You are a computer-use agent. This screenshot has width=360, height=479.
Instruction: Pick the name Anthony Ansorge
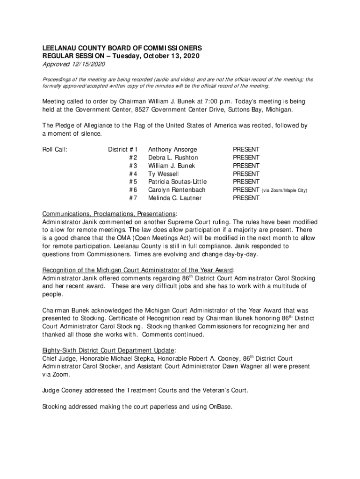(x=173, y=150)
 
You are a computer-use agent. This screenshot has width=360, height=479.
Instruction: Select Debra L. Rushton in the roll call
(x=173, y=158)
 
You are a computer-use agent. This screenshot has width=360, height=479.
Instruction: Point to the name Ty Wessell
(x=164, y=174)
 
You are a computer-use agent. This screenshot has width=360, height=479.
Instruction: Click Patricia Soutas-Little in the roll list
(x=177, y=182)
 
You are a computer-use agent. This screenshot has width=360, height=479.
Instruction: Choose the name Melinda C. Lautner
(x=175, y=198)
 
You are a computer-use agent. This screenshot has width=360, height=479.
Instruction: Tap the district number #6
(x=133, y=190)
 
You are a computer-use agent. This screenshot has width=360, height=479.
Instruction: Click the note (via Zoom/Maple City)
(x=284, y=190)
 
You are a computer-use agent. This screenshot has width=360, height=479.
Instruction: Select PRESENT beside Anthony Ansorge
(x=246, y=150)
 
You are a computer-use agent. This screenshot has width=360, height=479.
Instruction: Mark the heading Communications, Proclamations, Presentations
(x=109, y=214)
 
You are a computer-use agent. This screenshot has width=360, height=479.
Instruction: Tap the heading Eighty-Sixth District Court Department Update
(x=108, y=350)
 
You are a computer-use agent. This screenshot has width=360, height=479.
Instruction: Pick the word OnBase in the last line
(x=218, y=406)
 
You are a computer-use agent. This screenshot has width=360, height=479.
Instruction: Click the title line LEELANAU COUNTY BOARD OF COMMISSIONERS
(x=122, y=48)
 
